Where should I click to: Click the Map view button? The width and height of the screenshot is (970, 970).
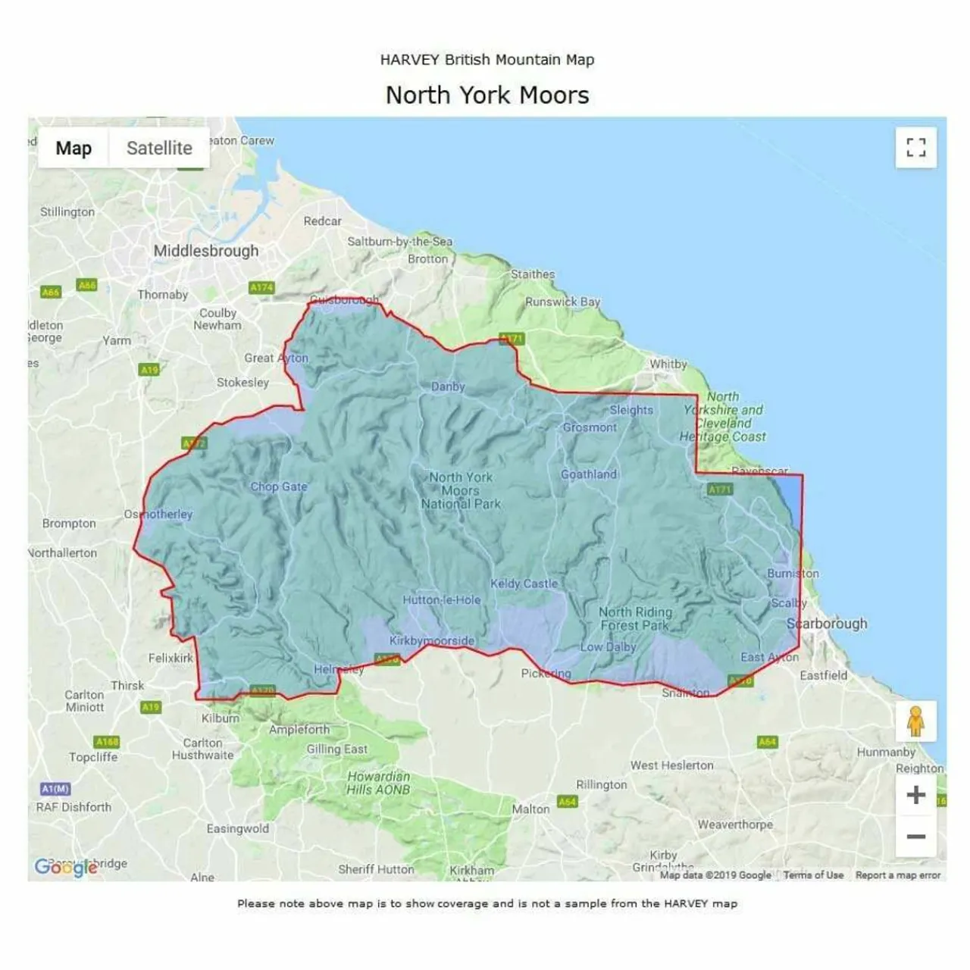tap(74, 148)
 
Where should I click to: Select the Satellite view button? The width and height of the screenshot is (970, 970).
tap(159, 148)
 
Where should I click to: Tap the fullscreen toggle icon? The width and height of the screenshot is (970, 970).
tap(915, 147)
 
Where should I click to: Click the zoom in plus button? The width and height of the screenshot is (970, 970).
tap(915, 795)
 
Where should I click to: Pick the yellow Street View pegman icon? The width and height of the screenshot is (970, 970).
tap(915, 721)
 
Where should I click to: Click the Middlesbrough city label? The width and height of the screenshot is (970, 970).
tap(206, 251)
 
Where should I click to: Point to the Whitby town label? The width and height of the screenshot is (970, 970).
tap(668, 364)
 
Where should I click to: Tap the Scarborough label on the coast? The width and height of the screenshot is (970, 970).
tap(827, 624)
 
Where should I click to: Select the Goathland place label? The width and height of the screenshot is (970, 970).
tap(589, 474)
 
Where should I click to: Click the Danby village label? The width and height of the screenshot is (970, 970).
tap(448, 386)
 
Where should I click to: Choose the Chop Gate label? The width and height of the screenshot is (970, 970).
tap(279, 487)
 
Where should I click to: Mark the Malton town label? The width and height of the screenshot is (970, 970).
tap(530, 809)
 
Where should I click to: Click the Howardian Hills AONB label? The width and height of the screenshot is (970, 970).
tap(378, 783)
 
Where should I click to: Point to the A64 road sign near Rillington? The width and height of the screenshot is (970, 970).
tap(567, 801)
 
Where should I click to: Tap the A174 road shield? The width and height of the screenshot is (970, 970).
tap(261, 287)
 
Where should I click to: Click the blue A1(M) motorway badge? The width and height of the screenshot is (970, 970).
tap(55, 789)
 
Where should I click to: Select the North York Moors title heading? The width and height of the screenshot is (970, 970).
tap(487, 95)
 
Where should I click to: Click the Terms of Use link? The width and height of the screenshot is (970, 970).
tap(813, 875)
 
